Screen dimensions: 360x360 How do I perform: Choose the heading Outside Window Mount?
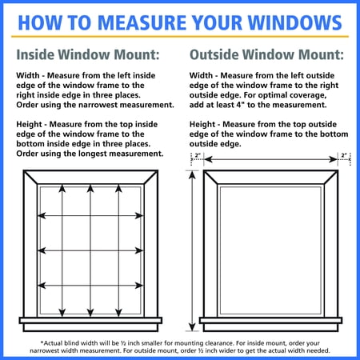tap(266, 55)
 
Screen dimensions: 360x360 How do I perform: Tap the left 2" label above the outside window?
tap(198, 155)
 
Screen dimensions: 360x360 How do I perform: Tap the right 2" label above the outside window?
tap(344, 155)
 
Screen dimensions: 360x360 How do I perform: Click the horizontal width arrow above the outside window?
tap(270, 160)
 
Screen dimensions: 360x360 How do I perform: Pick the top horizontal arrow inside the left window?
tap(91, 216)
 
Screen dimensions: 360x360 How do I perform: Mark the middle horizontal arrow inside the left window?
tap(91, 251)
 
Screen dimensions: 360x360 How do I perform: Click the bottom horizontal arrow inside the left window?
tap(91, 286)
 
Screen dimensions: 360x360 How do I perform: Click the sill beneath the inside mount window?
tap(91, 322)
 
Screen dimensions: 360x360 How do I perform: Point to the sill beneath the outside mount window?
tap(270, 322)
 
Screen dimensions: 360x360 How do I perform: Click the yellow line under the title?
tap(180, 38)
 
